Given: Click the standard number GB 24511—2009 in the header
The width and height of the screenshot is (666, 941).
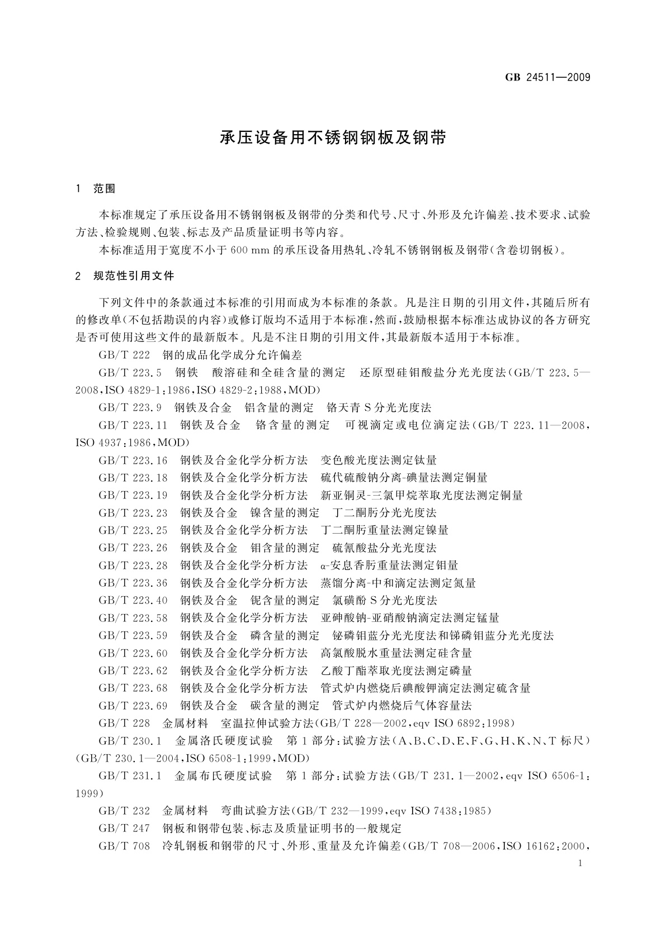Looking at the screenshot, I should pyautogui.click(x=547, y=78).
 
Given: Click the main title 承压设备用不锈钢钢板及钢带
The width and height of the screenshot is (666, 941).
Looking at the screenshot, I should pyautogui.click(x=333, y=138).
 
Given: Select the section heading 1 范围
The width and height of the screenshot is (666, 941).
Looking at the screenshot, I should pyautogui.click(x=96, y=189).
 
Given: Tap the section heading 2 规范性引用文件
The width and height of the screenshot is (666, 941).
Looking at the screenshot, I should pyautogui.click(x=125, y=276).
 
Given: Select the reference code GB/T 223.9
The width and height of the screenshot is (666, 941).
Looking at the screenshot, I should pyautogui.click(x=130, y=408).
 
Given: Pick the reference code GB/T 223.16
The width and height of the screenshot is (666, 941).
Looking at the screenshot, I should pyautogui.click(x=133, y=460).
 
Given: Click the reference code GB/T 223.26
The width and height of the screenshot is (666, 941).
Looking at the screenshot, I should pyautogui.click(x=133, y=548).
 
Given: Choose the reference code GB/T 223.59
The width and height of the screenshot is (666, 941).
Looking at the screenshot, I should pyautogui.click(x=133, y=636).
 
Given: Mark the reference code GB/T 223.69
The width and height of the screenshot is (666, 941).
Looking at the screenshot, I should pyautogui.click(x=133, y=706).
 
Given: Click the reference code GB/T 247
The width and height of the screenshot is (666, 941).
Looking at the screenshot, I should pyautogui.click(x=124, y=828).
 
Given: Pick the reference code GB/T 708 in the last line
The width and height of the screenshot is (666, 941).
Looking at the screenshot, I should pyautogui.click(x=124, y=846).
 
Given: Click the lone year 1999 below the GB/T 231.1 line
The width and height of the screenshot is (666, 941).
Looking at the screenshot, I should pyautogui.click(x=88, y=793).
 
